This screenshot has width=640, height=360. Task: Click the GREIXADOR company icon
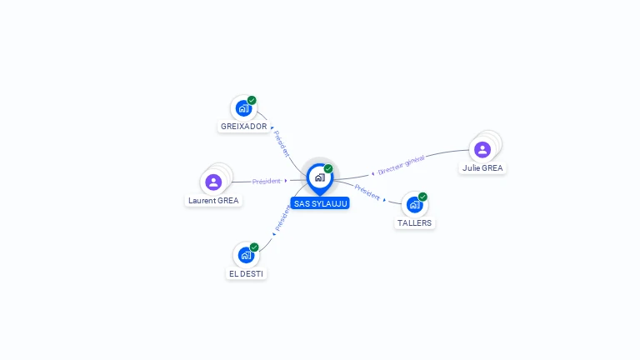pyautogui.click(x=242, y=108)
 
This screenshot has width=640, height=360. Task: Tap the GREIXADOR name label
pyautogui.click(x=243, y=127)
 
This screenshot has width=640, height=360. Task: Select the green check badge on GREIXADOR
pyautogui.click(x=252, y=100)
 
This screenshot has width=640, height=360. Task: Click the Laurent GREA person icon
pyautogui.click(x=213, y=182)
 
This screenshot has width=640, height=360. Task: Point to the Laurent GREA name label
pyautogui.click(x=213, y=200)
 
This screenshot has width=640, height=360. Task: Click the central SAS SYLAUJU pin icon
pyautogui.click(x=319, y=177)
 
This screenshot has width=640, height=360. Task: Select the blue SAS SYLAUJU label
pyautogui.click(x=320, y=203)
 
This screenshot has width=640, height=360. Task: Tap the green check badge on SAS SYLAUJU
pyautogui.click(x=328, y=168)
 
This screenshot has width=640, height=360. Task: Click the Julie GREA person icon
pyautogui.click(x=482, y=150)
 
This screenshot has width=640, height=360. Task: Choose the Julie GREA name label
pyautogui.click(x=482, y=167)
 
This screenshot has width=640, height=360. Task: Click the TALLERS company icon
pyautogui.click(x=414, y=205)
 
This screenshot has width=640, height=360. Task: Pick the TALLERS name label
pyautogui.click(x=415, y=223)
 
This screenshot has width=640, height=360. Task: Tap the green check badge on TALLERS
pyautogui.click(x=422, y=197)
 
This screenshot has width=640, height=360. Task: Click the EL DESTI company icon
pyautogui.click(x=246, y=255)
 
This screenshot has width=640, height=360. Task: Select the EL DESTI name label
pyautogui.click(x=247, y=273)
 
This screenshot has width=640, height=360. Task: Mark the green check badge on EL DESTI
pyautogui.click(x=254, y=247)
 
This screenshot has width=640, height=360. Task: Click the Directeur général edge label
pyautogui.click(x=401, y=165)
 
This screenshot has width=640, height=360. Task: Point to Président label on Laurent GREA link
pyautogui.click(x=267, y=181)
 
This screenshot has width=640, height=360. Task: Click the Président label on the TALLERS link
pyautogui.click(x=367, y=192)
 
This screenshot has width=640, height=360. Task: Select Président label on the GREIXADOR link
pyautogui.click(x=282, y=143)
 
